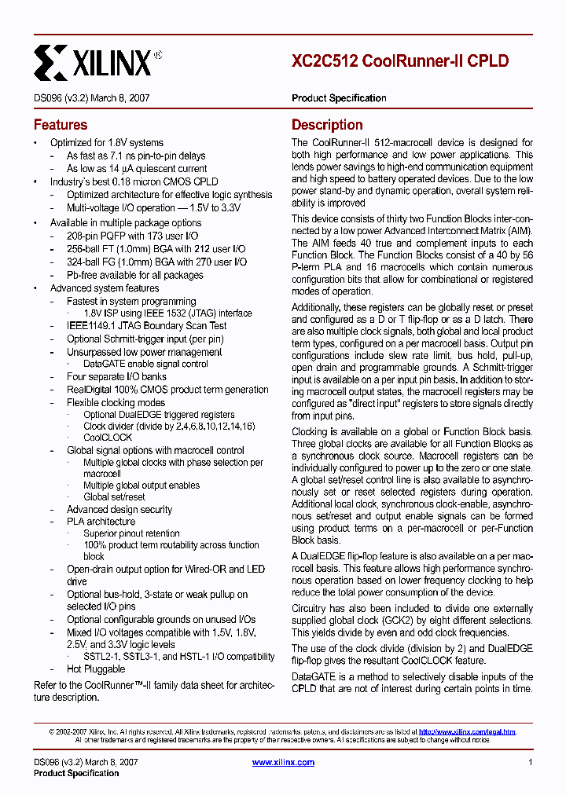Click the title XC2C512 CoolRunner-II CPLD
400,60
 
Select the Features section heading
61,125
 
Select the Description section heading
327,125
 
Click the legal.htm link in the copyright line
467,731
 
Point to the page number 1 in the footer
531,762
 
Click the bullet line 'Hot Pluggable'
96,669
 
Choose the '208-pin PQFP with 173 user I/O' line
132,236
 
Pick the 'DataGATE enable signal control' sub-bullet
145,365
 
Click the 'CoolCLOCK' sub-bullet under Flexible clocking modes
108,438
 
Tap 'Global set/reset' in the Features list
114,496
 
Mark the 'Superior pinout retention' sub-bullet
131,533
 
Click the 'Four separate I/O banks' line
116,377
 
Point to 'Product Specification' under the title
339,98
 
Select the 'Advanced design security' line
119,509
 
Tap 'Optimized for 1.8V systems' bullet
107,143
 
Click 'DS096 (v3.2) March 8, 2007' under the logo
92,98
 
